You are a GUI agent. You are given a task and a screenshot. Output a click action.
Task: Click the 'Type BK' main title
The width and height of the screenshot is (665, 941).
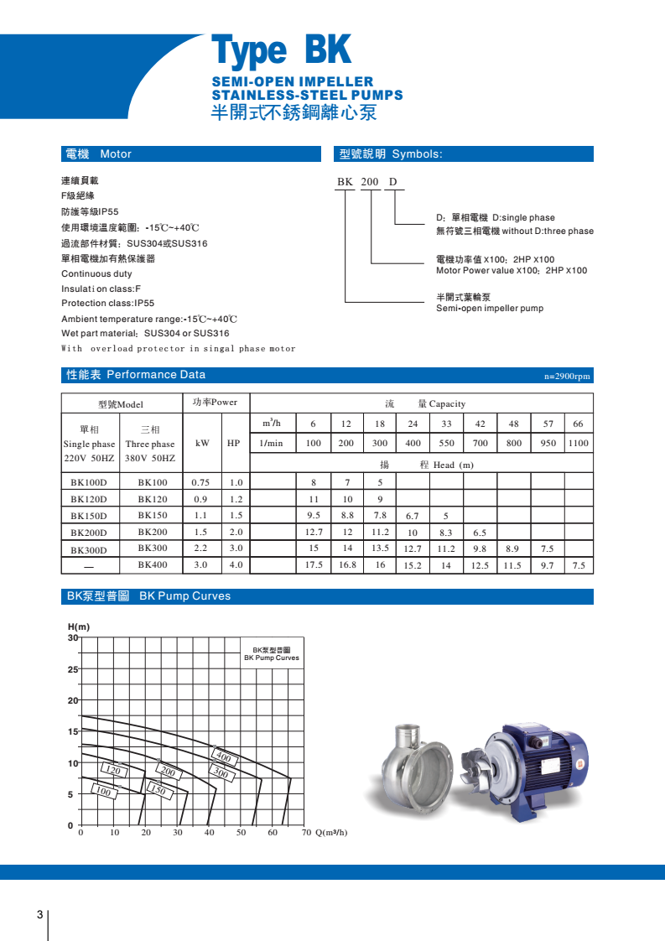281,52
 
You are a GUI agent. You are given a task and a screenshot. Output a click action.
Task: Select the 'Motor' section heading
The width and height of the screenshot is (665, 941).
116,154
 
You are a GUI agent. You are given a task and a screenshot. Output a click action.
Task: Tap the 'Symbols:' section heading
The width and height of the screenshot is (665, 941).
417,154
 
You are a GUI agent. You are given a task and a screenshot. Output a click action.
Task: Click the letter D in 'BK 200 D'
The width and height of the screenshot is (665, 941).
392,182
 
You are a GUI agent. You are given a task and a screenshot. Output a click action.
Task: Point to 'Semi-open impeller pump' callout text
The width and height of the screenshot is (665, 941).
489,309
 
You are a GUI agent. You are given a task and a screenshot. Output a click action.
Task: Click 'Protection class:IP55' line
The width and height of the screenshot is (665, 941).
108,304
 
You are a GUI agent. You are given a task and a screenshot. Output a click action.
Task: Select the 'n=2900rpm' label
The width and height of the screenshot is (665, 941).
568,377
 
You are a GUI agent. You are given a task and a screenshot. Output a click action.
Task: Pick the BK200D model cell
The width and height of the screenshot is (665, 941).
89,533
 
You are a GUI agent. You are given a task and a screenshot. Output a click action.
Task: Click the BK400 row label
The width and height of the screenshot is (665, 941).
153,565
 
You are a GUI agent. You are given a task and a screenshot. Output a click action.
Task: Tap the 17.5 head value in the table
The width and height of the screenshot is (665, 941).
314,566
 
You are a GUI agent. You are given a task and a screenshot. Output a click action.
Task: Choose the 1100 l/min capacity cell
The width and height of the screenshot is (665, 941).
578,444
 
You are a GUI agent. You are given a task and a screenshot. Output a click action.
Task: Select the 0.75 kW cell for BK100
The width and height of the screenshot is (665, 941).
200,483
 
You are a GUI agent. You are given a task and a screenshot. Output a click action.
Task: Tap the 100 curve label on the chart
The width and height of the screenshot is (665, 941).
104,792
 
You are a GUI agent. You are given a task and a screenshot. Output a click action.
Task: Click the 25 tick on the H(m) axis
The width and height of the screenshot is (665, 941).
73,669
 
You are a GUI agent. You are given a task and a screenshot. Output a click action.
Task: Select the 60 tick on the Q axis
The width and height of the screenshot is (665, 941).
273,833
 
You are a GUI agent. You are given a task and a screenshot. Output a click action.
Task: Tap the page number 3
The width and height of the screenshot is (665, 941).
39,914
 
